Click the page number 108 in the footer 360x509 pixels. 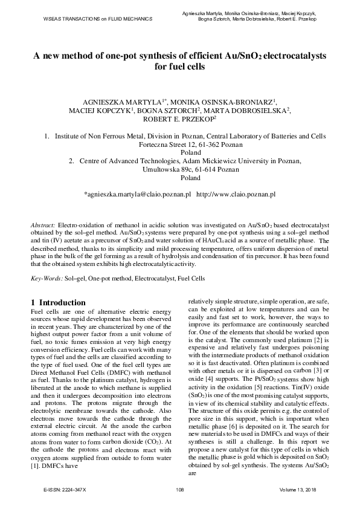pos(180,488)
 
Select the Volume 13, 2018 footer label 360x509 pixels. pos(299,488)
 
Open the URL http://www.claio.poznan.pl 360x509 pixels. pos(236,195)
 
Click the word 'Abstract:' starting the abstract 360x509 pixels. pos(43,224)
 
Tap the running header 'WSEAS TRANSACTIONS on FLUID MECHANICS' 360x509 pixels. pos(88,19)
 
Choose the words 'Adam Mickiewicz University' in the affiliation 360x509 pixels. pos(200,162)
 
